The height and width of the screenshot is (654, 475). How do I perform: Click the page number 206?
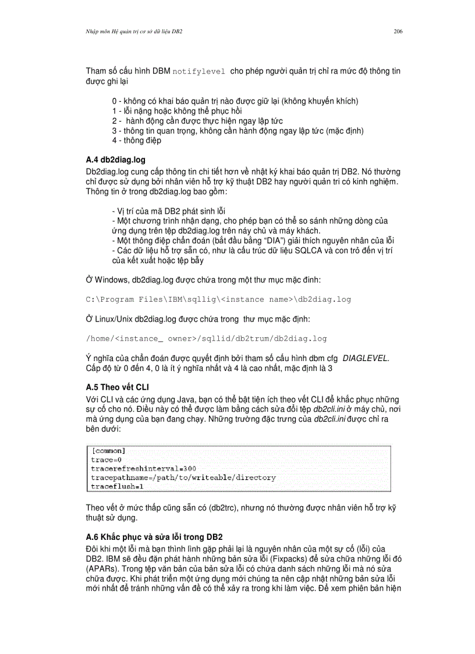(398, 31)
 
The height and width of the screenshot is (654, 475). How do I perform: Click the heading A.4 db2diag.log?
(115, 159)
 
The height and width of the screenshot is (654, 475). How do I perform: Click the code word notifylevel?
(199, 72)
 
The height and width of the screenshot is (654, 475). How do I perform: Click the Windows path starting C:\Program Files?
(218, 299)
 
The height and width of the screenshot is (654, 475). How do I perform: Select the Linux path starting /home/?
(206, 338)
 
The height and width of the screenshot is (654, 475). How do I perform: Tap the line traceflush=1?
(117, 486)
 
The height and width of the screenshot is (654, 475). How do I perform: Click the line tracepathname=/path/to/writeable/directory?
(183, 477)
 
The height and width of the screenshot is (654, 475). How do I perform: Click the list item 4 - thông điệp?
(137, 140)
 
